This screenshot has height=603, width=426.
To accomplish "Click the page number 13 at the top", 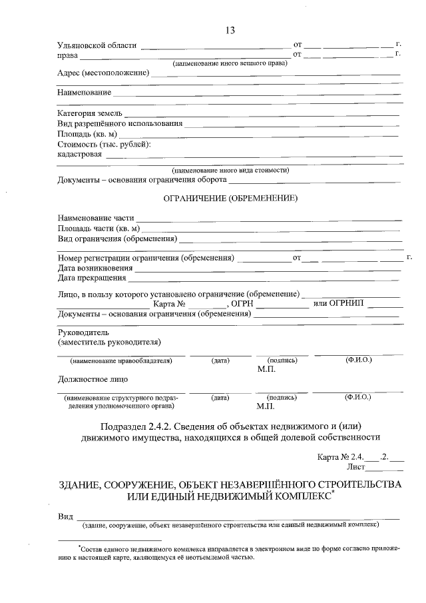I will click(x=230, y=31).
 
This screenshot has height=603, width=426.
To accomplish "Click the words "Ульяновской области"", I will click(x=97, y=45).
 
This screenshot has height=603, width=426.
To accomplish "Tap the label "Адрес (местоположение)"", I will click(x=103, y=73).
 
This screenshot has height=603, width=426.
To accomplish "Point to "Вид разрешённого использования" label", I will click(x=120, y=123).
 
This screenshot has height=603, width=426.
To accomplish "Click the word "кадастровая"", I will click(x=80, y=155).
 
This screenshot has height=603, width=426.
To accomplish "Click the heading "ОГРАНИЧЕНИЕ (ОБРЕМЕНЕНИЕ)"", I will click(x=230, y=198).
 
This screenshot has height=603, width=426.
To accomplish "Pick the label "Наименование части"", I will click(x=96, y=218).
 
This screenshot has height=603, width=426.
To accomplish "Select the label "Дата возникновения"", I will click(x=95, y=268).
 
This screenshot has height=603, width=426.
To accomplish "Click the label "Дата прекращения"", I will click(x=91, y=278).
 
